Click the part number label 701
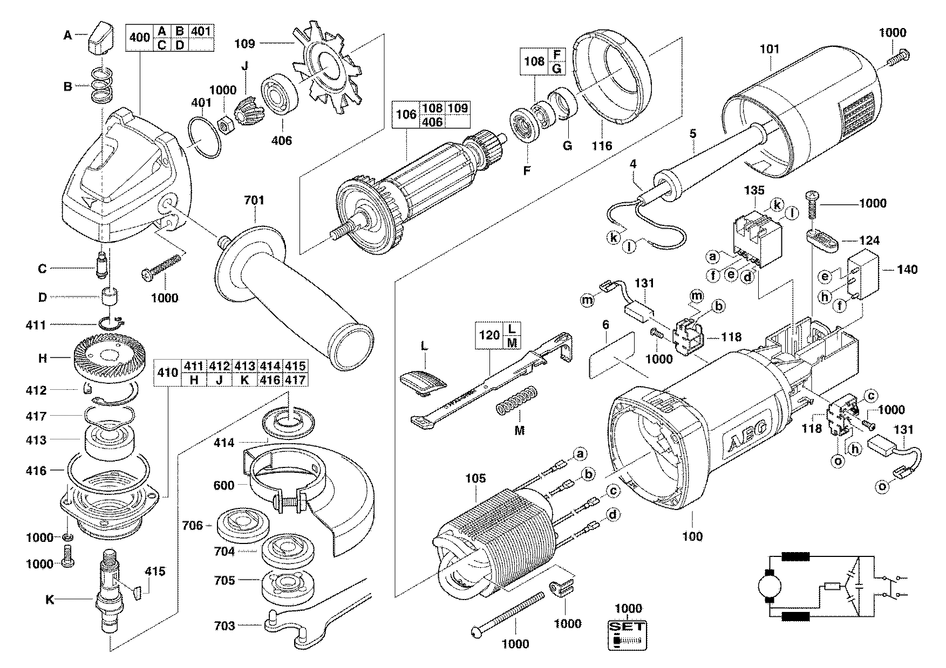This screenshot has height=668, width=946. point(254,201)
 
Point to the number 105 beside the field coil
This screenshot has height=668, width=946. point(475,478)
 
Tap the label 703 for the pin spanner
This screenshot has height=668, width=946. point(224,625)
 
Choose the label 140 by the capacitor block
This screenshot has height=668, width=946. point(907,270)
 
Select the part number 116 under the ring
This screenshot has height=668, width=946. point(602,146)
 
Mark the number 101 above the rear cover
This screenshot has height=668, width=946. point(770,49)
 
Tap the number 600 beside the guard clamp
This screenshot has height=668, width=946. point(224,485)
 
